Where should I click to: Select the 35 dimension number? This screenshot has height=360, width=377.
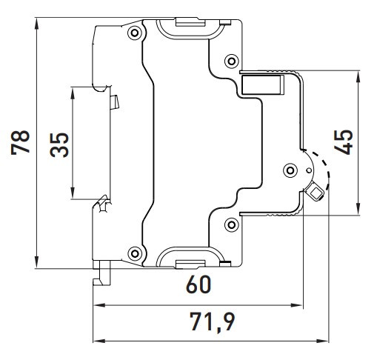click(60, 143)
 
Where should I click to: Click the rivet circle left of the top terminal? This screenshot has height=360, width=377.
click(133, 33)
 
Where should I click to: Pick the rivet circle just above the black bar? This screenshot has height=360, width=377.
click(231, 60)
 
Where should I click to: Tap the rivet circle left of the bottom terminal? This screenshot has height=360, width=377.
click(133, 250)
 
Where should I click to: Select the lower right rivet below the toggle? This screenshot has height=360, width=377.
click(231, 224)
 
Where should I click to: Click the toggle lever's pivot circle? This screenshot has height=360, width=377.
click(290, 170)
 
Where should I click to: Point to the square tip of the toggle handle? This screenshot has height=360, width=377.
click(316, 193)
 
